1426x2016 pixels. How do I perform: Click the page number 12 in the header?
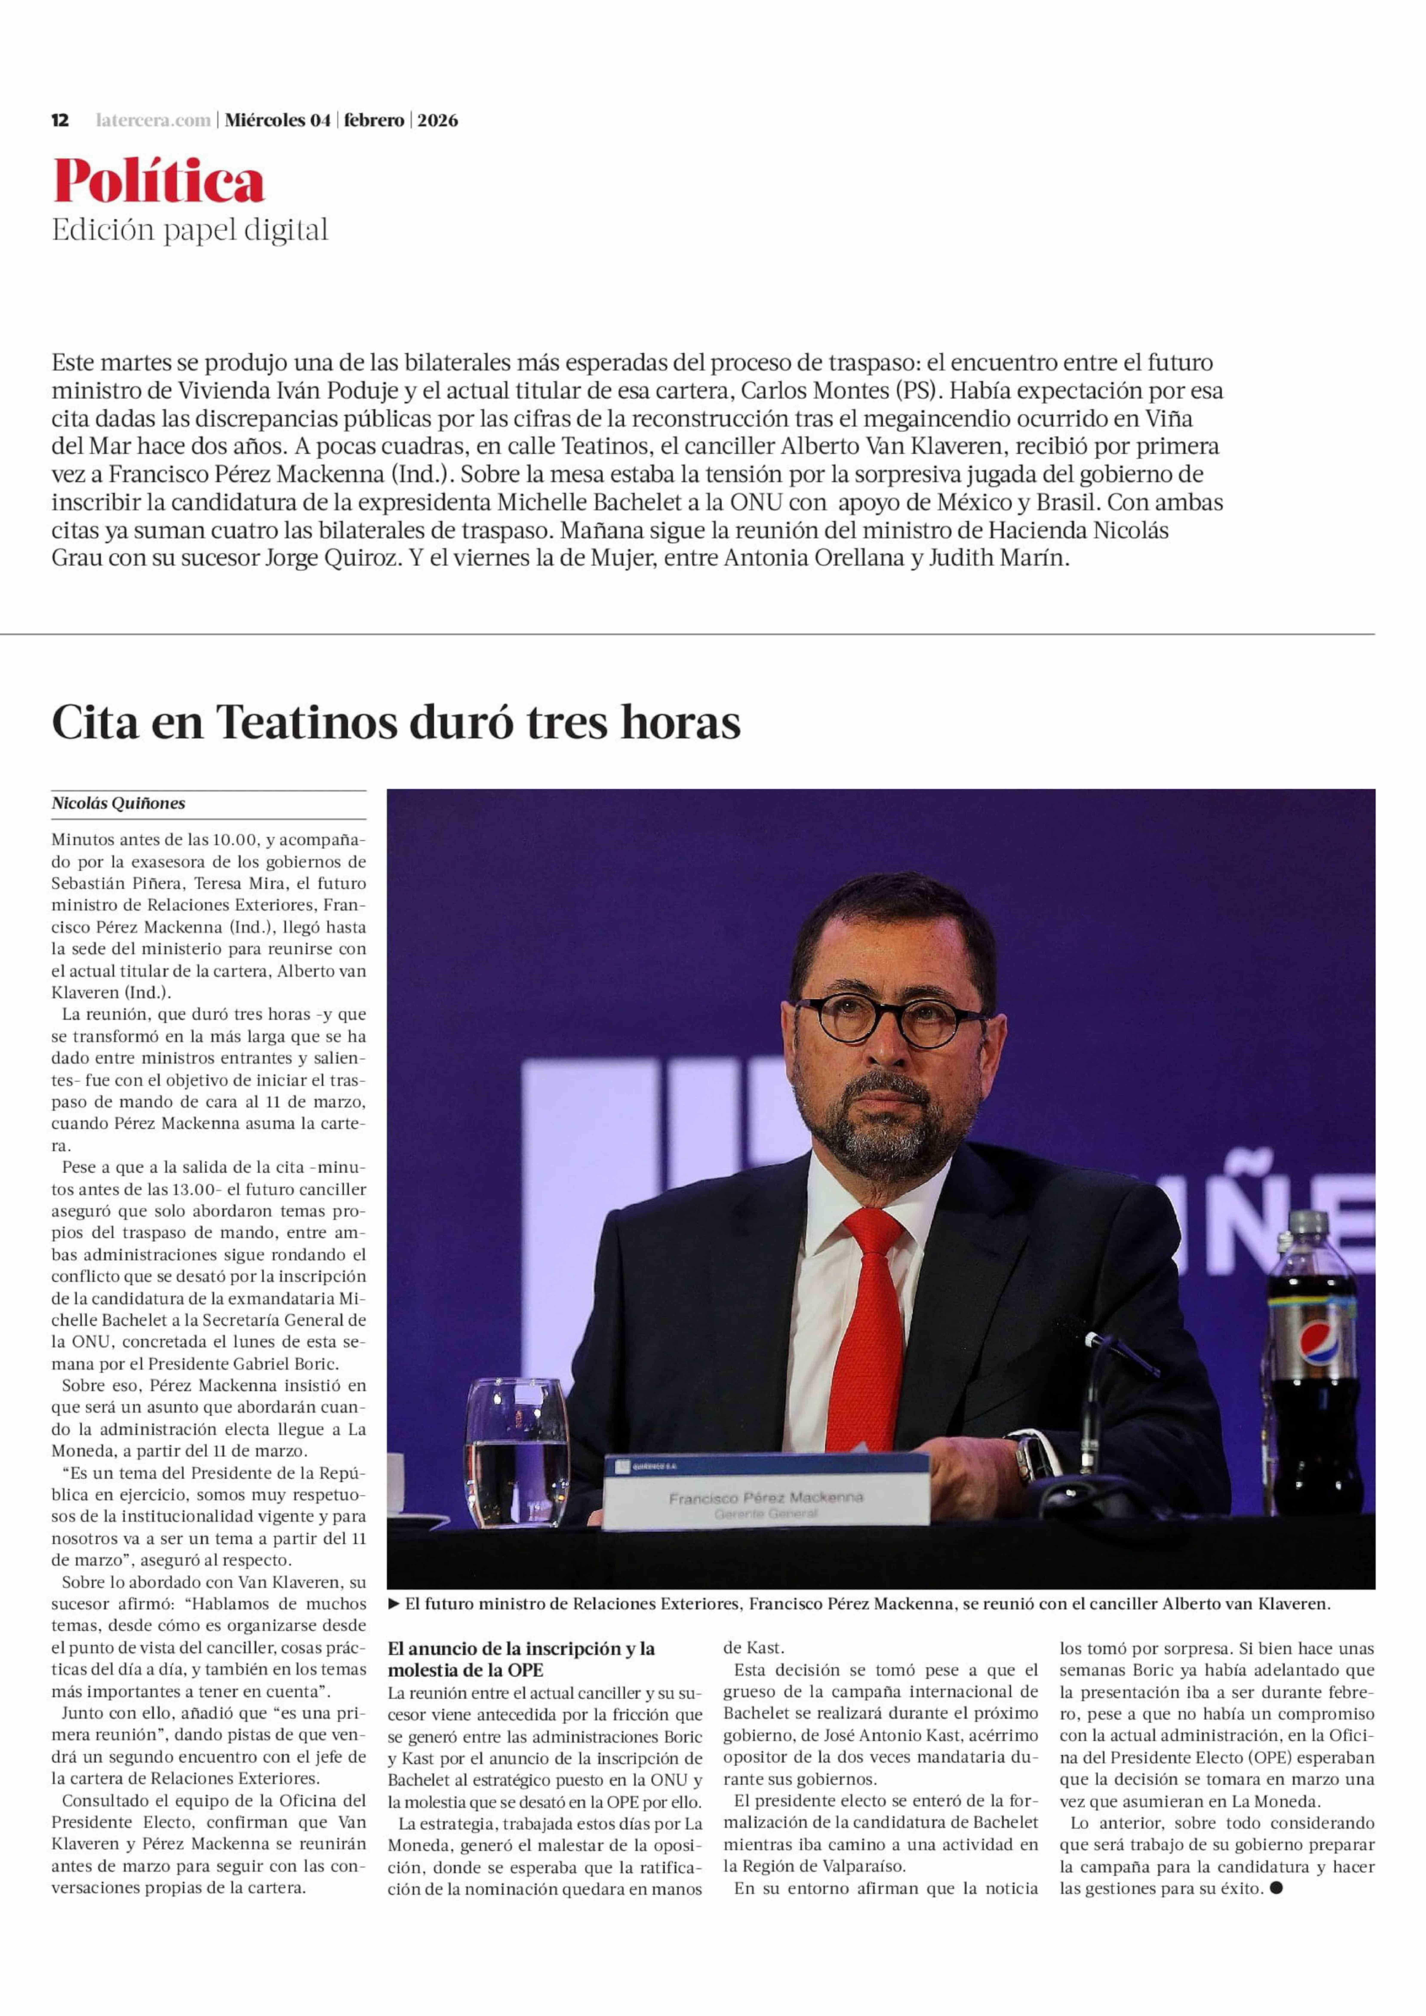[x=60, y=120]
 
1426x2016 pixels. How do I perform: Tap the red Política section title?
[x=158, y=182]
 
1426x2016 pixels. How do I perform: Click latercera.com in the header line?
[x=153, y=120]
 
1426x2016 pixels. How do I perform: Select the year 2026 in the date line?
[x=437, y=120]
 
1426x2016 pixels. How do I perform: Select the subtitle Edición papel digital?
[x=190, y=230]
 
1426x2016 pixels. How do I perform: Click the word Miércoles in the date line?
[x=265, y=120]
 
